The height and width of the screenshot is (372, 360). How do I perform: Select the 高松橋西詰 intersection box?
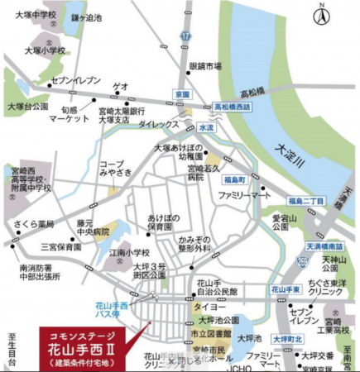(x=235, y=107)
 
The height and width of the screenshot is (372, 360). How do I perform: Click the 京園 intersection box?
(x=182, y=95)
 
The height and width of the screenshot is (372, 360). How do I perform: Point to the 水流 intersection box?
(x=205, y=128)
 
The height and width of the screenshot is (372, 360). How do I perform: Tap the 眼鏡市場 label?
(x=205, y=66)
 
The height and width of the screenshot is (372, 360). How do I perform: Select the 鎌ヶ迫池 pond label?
(x=86, y=17)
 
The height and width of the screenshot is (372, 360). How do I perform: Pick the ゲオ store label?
(x=121, y=85)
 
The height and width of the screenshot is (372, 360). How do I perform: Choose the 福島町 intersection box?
(x=237, y=179)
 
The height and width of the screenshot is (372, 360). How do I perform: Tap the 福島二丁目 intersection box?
(x=305, y=201)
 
